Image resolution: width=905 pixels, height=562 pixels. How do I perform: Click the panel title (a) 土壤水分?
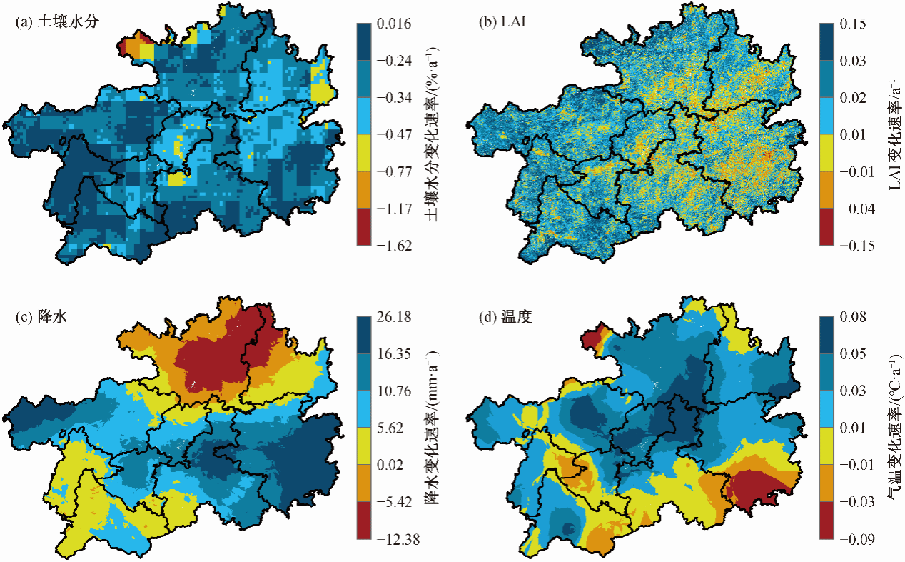tap(56, 21)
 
